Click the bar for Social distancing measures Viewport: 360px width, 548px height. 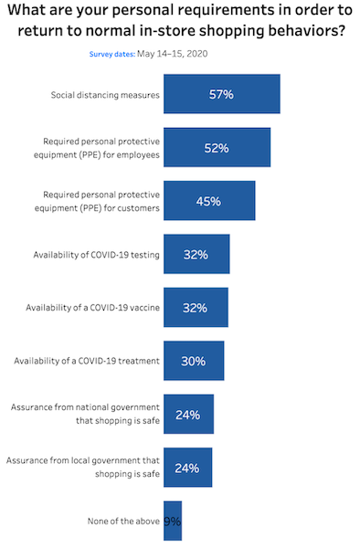click(x=221, y=94)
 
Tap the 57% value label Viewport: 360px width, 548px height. click(x=221, y=94)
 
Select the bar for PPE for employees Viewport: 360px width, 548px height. click(x=217, y=147)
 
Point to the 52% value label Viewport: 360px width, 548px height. click(x=217, y=147)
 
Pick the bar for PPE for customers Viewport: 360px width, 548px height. click(x=209, y=201)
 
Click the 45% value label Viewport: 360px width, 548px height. click(x=209, y=201)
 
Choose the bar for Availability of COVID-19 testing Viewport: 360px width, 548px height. click(x=196, y=254)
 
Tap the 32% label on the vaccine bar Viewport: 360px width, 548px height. click(x=196, y=308)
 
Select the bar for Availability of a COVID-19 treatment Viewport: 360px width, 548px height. click(x=194, y=361)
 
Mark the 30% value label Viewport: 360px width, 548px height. click(x=194, y=361)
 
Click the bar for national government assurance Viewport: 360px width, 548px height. click(x=188, y=414)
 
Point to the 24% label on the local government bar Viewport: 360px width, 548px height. click(x=187, y=468)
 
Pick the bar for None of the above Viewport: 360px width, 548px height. click(x=173, y=521)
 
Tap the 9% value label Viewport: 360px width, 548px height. click(x=173, y=521)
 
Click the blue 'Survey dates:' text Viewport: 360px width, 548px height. click(x=111, y=54)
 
